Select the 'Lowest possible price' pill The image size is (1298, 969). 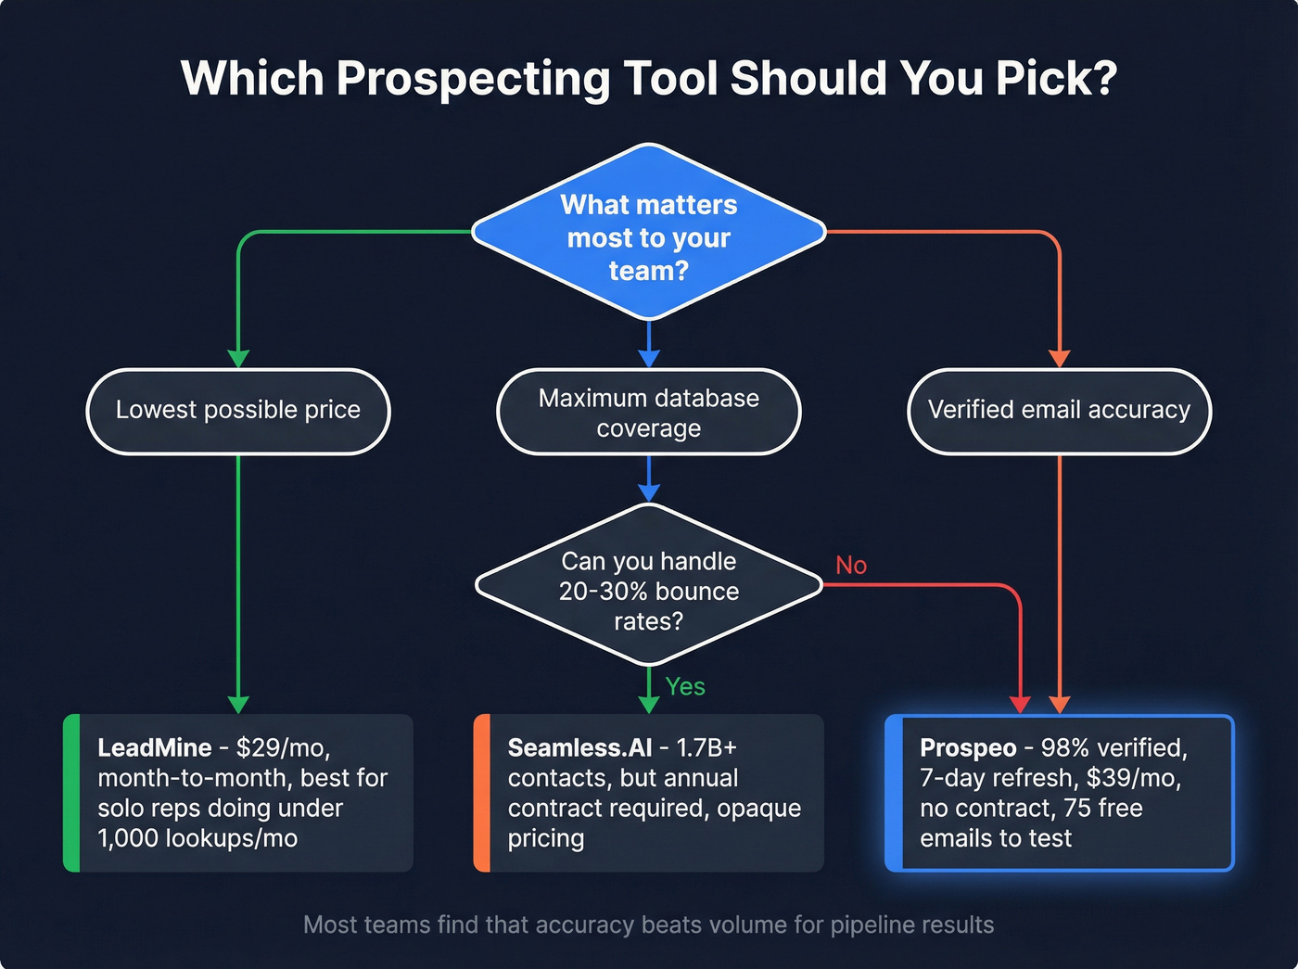pos(238,411)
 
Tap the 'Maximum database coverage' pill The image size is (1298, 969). pos(649,412)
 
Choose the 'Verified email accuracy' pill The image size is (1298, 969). pos(1059,411)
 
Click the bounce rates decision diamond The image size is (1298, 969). pos(649,590)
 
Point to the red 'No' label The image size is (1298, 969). pos(850,566)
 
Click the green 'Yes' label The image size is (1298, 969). pos(685,687)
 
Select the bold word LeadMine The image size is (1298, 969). pos(155,748)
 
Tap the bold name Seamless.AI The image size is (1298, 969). pos(580,748)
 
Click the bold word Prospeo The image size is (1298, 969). pos(968,748)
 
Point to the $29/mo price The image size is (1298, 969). pos(282,748)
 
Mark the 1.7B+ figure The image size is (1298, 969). pos(706,748)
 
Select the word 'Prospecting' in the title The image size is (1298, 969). pos(472,79)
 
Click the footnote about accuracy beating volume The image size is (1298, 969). pos(649,924)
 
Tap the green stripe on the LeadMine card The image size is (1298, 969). pos(71,793)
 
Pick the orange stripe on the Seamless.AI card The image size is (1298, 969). pos(482,793)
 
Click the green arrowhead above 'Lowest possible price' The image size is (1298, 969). pos(238,359)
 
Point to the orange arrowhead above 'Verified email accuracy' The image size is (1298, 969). pos(1059,359)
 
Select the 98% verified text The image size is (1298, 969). pos(1113,748)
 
